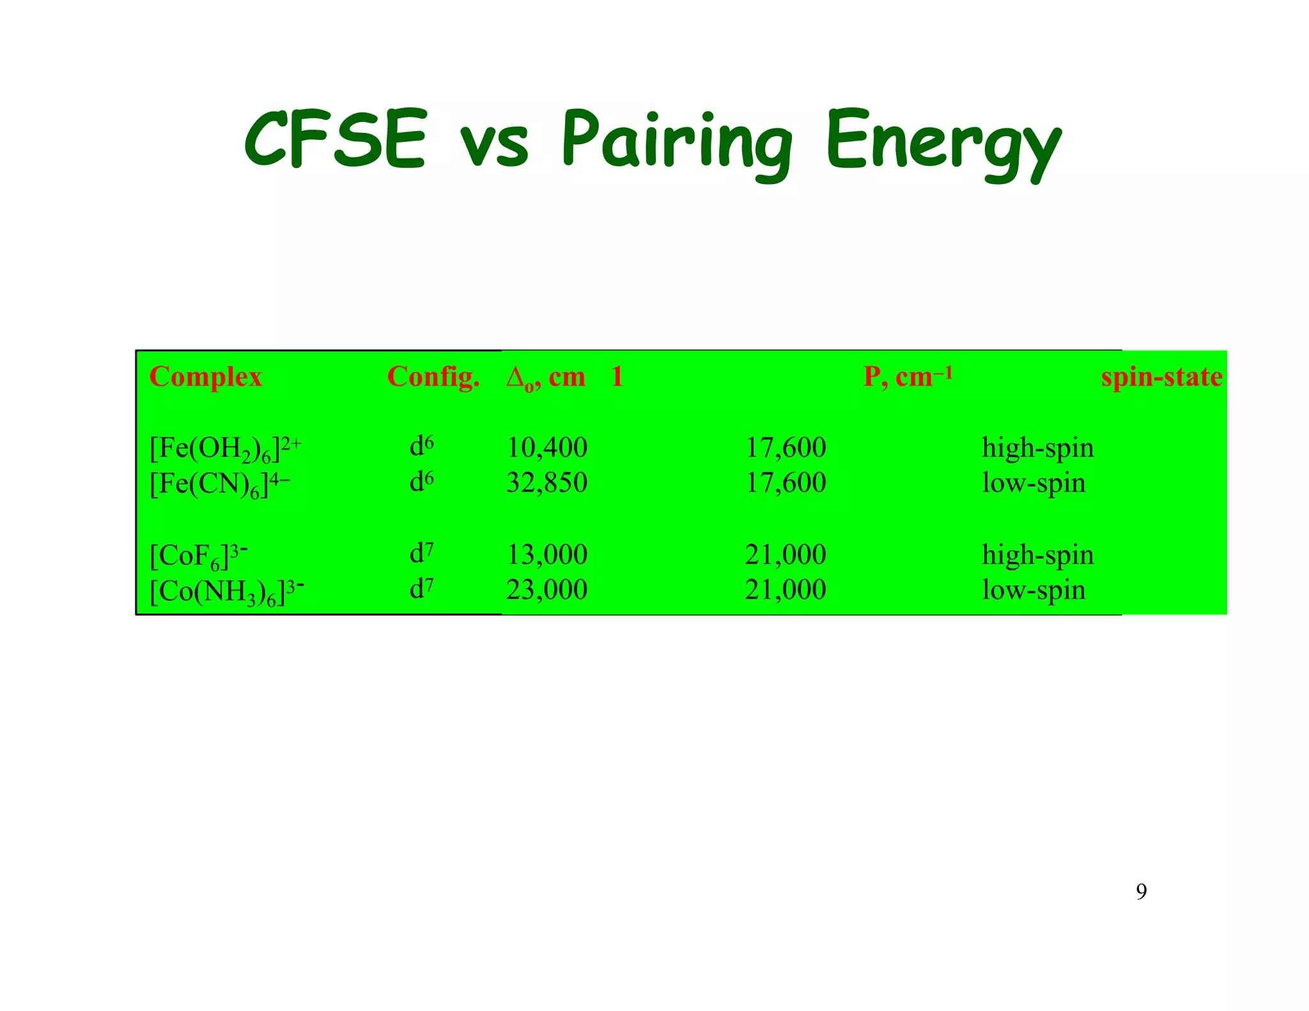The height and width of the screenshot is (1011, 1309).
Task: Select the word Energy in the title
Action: [x=943, y=144]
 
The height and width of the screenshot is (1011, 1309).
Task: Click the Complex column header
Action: [x=205, y=377]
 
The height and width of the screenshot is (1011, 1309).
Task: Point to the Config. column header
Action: [x=433, y=377]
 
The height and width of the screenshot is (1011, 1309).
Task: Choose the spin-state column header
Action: [x=1161, y=377]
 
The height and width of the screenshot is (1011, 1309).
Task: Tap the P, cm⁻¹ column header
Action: [x=908, y=377]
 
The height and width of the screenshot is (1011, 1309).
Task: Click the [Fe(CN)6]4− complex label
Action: [x=219, y=484]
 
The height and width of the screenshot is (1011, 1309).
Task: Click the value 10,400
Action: [x=546, y=448]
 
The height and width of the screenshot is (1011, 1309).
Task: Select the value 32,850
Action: [x=546, y=483]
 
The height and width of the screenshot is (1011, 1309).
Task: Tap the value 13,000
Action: [x=546, y=555]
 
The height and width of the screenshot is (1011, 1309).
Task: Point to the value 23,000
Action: [x=546, y=590]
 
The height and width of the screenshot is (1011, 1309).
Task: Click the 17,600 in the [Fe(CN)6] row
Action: [x=786, y=483]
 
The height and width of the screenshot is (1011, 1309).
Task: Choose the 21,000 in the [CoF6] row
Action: [x=786, y=555]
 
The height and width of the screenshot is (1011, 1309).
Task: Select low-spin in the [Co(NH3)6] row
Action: [x=1034, y=590]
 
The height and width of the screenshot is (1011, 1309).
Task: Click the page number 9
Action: [x=1141, y=891]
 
